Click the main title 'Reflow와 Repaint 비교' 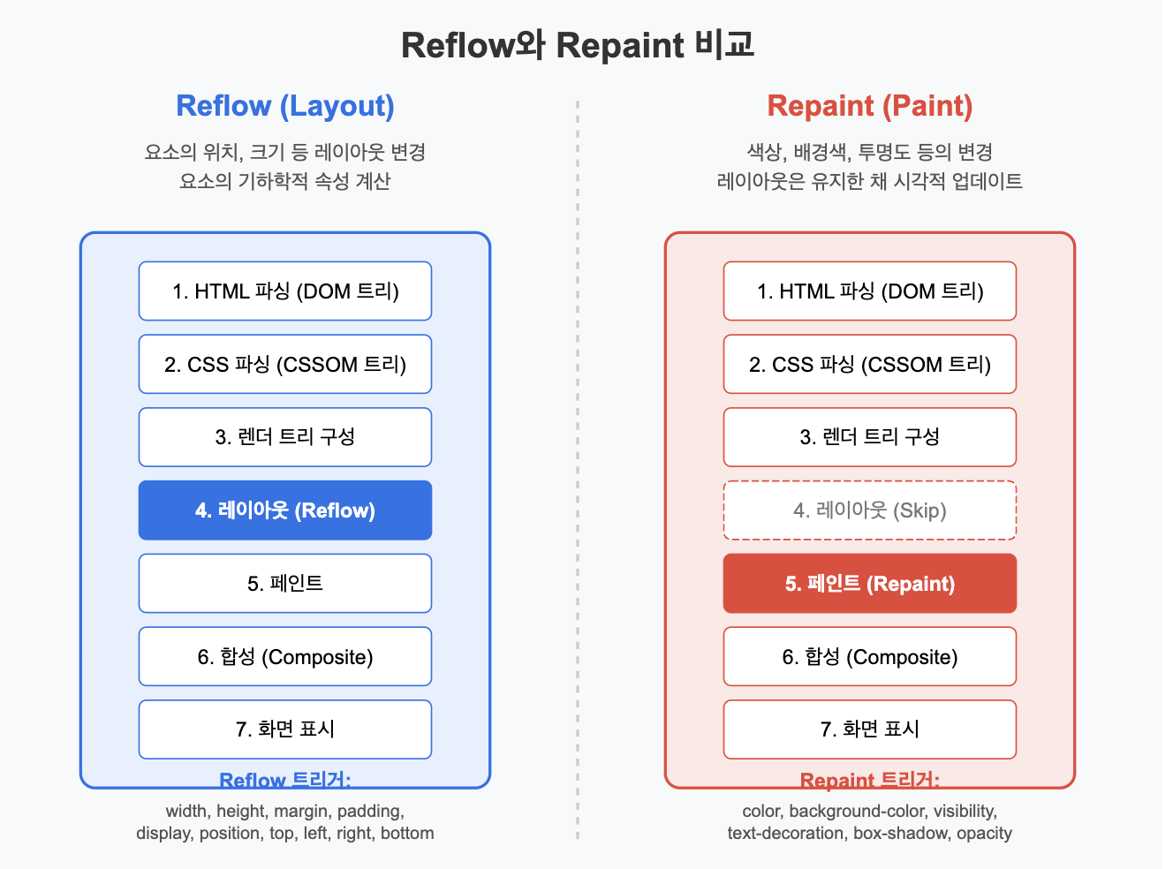[x=578, y=45]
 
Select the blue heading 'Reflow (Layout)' [x=285, y=106]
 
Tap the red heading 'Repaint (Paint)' [x=870, y=106]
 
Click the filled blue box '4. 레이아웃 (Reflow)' [x=285, y=510]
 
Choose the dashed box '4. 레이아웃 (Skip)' [x=870, y=510]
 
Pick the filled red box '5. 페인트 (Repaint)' [x=870, y=584]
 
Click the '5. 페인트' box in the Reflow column [x=285, y=584]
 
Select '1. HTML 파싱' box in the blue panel [x=285, y=291]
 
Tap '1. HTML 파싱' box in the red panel [x=870, y=291]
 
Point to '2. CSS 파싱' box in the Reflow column [x=285, y=365]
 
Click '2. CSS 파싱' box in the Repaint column [x=870, y=365]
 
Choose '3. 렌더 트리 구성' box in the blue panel [x=285, y=437]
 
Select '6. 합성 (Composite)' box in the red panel [x=870, y=657]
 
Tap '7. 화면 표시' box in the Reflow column [x=285, y=729]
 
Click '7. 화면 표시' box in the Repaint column [x=870, y=729]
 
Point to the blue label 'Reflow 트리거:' [x=285, y=781]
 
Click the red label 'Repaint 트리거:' [x=870, y=781]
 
